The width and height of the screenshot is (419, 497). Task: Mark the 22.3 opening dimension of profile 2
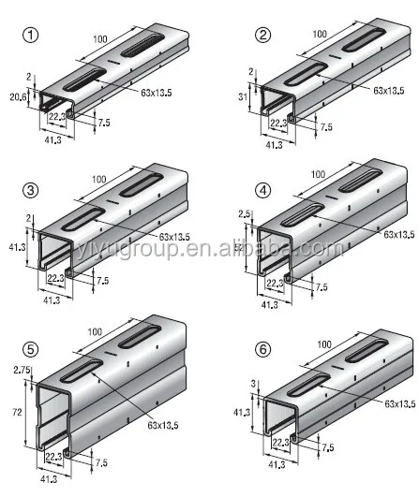(278, 123)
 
